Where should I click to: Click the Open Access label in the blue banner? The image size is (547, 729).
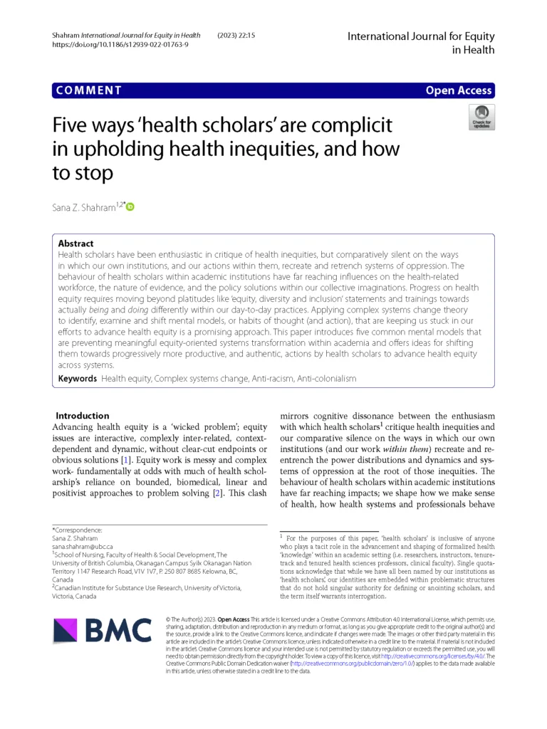(x=459, y=90)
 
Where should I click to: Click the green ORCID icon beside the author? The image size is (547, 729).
(x=130, y=207)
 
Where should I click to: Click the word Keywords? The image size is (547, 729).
(x=77, y=379)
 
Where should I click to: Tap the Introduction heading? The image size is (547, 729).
(x=83, y=415)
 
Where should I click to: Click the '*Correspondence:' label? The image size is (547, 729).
(x=77, y=530)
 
